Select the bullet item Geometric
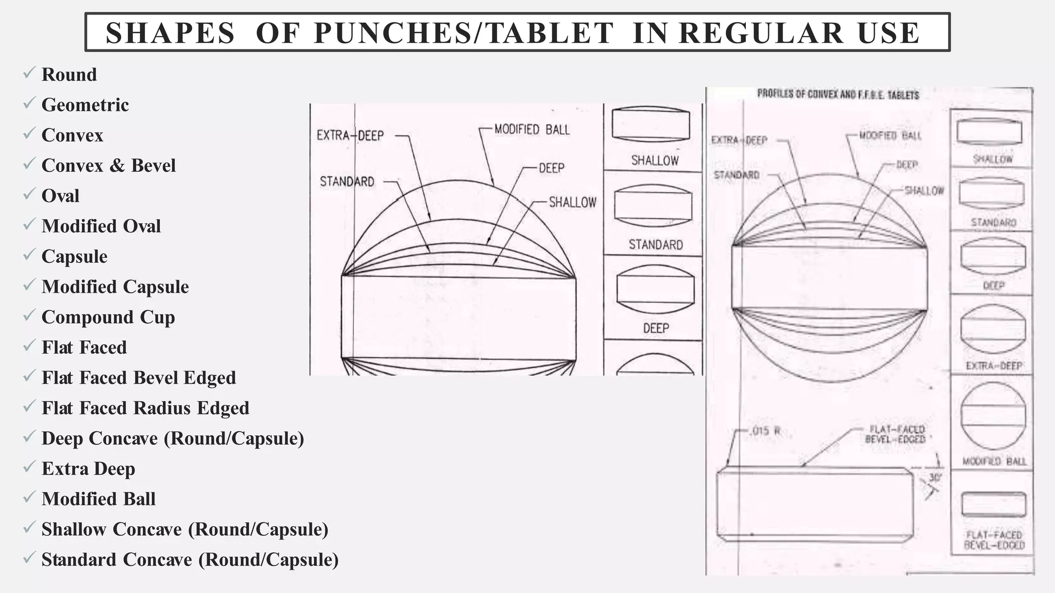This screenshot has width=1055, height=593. pyautogui.click(x=85, y=105)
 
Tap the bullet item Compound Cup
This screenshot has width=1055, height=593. pyautogui.click(x=108, y=317)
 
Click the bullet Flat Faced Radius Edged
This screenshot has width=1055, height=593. pyautogui.click(x=145, y=408)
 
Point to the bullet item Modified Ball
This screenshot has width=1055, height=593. pyautogui.click(x=98, y=499)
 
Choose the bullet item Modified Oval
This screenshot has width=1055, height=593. pyautogui.click(x=101, y=226)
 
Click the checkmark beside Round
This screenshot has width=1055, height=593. pyautogui.click(x=29, y=73)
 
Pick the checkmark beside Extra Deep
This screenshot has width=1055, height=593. pyautogui.click(x=29, y=467)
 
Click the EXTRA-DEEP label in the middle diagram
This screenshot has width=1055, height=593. pyautogui.click(x=350, y=135)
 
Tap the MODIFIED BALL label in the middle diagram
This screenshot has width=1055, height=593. pyautogui.click(x=532, y=129)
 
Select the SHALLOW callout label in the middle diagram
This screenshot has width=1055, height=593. pyautogui.click(x=572, y=202)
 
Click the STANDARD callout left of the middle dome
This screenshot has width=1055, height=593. pyautogui.click(x=347, y=182)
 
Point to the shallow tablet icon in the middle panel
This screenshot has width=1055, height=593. pyautogui.click(x=651, y=125)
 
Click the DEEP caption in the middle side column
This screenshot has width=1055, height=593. pyautogui.click(x=656, y=328)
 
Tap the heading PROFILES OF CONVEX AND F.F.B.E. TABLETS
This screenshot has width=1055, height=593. pyautogui.click(x=838, y=95)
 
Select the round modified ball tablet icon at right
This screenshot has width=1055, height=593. pyautogui.click(x=993, y=416)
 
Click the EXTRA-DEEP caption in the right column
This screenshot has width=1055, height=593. pyautogui.click(x=994, y=366)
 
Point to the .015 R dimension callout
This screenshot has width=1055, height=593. pyautogui.click(x=765, y=431)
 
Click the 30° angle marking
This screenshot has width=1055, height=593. pyautogui.click(x=935, y=478)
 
